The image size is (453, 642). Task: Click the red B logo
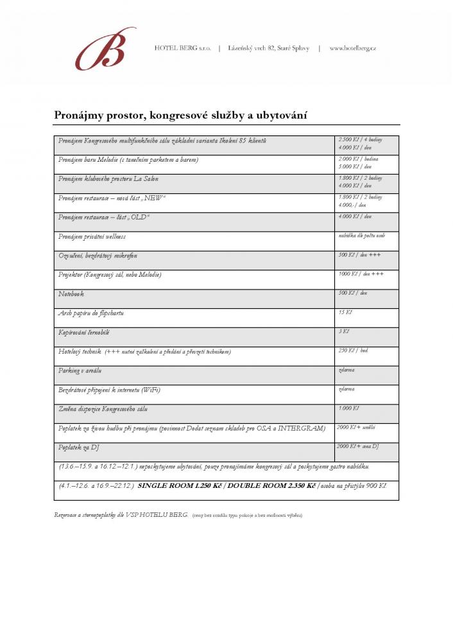(105, 49)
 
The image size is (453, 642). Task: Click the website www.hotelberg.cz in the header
(352, 48)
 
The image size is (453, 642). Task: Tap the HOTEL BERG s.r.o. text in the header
(182, 48)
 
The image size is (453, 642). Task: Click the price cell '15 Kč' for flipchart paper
(345, 313)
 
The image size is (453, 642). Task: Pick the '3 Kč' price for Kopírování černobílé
(343, 332)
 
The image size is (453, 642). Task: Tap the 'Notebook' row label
(71, 293)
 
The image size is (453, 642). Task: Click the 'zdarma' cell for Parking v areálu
(347, 370)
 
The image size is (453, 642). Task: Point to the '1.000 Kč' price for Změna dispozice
(349, 408)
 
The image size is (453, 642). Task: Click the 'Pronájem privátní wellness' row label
(92, 236)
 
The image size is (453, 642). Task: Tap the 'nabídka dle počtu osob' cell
(361, 236)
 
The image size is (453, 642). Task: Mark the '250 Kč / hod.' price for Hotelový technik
(353, 351)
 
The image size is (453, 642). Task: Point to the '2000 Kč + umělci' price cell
(356, 428)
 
